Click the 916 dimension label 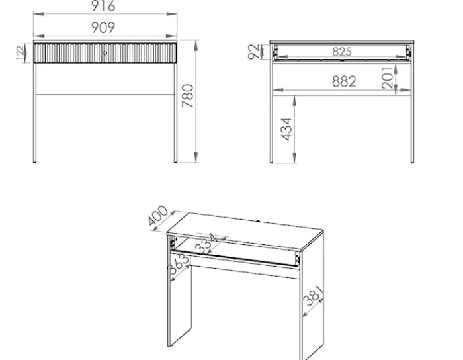(x=103, y=6)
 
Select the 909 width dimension (x=103, y=28)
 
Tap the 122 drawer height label (x=21, y=53)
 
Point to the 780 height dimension (x=188, y=96)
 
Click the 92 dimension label (x=254, y=52)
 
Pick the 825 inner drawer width (x=342, y=52)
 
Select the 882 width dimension (x=344, y=81)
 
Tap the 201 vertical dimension (x=388, y=78)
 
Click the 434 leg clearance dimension (x=286, y=129)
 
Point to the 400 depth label (x=158, y=216)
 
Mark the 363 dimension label (x=178, y=265)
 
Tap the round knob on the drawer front (x=105, y=53)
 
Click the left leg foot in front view (x=34, y=161)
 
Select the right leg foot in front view (x=175, y=161)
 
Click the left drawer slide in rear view (x=275, y=52)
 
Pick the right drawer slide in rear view (x=409, y=52)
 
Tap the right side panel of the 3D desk (x=312, y=295)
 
